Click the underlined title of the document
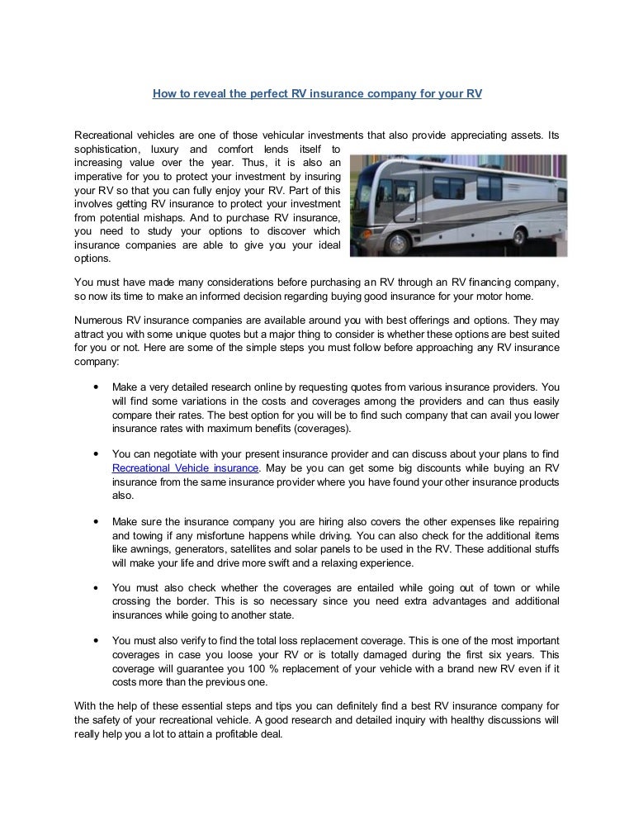(x=317, y=94)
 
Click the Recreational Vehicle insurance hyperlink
(x=187, y=468)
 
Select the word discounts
(x=406, y=468)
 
